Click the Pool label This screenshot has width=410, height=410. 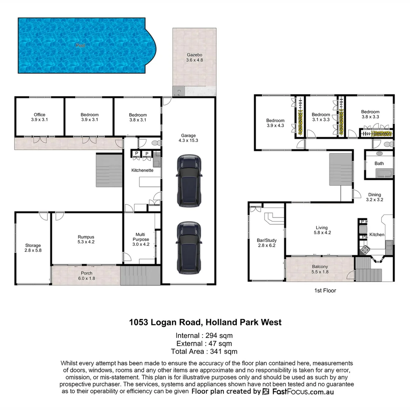(80, 45)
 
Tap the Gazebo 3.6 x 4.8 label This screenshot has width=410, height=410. (194, 57)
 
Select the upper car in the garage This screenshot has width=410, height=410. (189, 181)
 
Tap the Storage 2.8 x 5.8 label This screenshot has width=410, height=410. (33, 248)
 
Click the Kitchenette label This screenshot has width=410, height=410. (142, 170)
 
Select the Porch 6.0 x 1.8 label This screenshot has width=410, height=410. (87, 276)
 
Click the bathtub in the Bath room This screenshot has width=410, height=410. (384, 174)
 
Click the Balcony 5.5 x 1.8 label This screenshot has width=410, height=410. (320, 269)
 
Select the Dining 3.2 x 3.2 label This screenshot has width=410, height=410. (374, 197)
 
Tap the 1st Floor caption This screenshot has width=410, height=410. (325, 291)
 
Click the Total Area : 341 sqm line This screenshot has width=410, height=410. (204, 352)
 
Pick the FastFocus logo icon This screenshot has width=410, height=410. (266, 392)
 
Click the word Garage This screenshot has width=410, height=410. (188, 135)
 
